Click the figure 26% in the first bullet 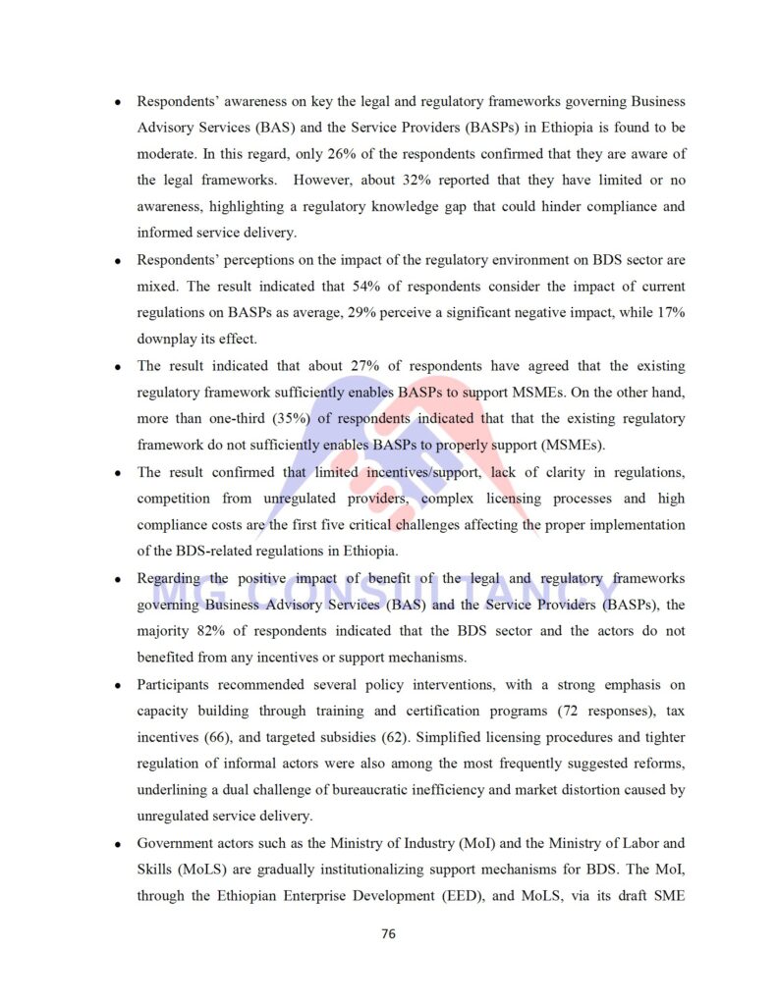tap(317, 154)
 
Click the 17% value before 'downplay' tap(671, 313)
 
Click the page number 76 tap(388, 933)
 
